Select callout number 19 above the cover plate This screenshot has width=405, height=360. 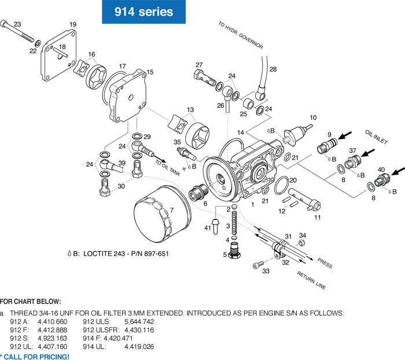(x=73, y=24)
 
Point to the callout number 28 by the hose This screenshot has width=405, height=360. (x=273, y=69)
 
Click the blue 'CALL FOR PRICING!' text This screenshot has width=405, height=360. (x=36, y=357)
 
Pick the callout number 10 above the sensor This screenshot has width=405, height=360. (x=313, y=117)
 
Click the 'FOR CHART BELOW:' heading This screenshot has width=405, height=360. (x=30, y=301)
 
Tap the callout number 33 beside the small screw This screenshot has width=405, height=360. (x=267, y=271)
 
